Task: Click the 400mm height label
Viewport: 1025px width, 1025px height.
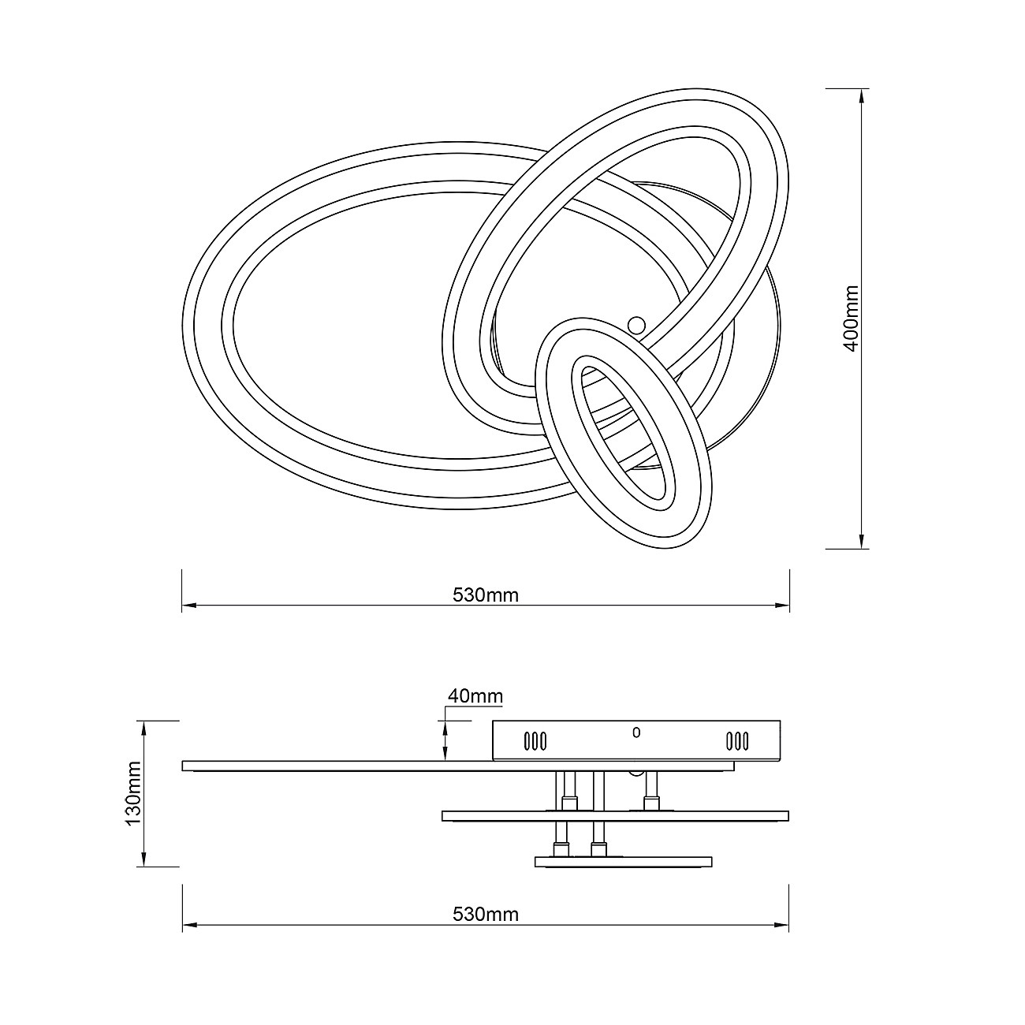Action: pyautogui.click(x=852, y=319)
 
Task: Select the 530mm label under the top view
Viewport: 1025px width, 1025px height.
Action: pyautogui.click(x=485, y=595)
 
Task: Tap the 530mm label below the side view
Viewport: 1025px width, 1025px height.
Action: pyautogui.click(x=485, y=915)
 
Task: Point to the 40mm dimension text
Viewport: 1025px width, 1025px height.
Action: pyautogui.click(x=475, y=695)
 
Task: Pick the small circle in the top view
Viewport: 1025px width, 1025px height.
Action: pyautogui.click(x=636, y=325)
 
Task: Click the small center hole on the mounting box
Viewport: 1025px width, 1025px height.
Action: pyautogui.click(x=636, y=733)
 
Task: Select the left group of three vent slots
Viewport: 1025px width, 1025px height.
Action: pyautogui.click(x=535, y=741)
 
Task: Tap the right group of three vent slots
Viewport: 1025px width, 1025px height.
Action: pyautogui.click(x=738, y=741)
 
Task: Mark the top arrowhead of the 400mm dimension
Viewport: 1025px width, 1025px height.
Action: pyautogui.click(x=861, y=95)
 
